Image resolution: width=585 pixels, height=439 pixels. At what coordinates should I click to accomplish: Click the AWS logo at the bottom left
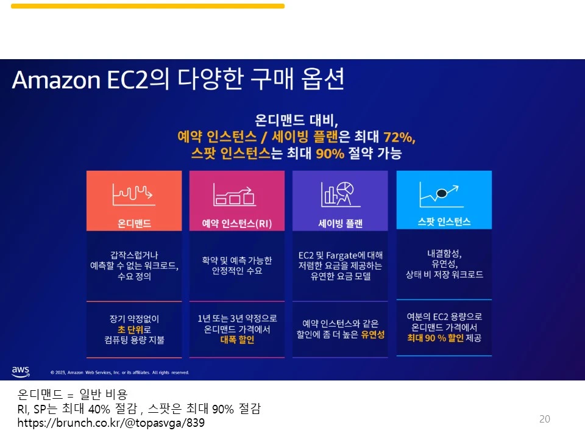click(20, 371)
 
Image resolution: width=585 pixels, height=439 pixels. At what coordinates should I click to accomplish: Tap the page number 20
click(545, 419)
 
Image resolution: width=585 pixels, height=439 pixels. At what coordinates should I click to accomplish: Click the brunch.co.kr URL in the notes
click(111, 423)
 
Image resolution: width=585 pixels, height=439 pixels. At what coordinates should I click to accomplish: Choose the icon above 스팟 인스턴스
click(443, 195)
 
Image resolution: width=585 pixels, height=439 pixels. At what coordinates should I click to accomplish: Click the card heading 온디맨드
click(134, 223)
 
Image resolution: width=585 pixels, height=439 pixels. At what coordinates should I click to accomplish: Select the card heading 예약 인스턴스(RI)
click(236, 223)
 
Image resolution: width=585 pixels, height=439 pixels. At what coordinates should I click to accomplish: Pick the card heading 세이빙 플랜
click(340, 223)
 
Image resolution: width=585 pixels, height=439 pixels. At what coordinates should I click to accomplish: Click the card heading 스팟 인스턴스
click(444, 222)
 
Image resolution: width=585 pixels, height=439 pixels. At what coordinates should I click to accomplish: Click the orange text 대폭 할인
click(237, 340)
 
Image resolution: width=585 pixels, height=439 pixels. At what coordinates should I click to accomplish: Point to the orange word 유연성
click(373, 335)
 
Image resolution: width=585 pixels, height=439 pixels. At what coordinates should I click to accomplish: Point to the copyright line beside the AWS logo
click(119, 372)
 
